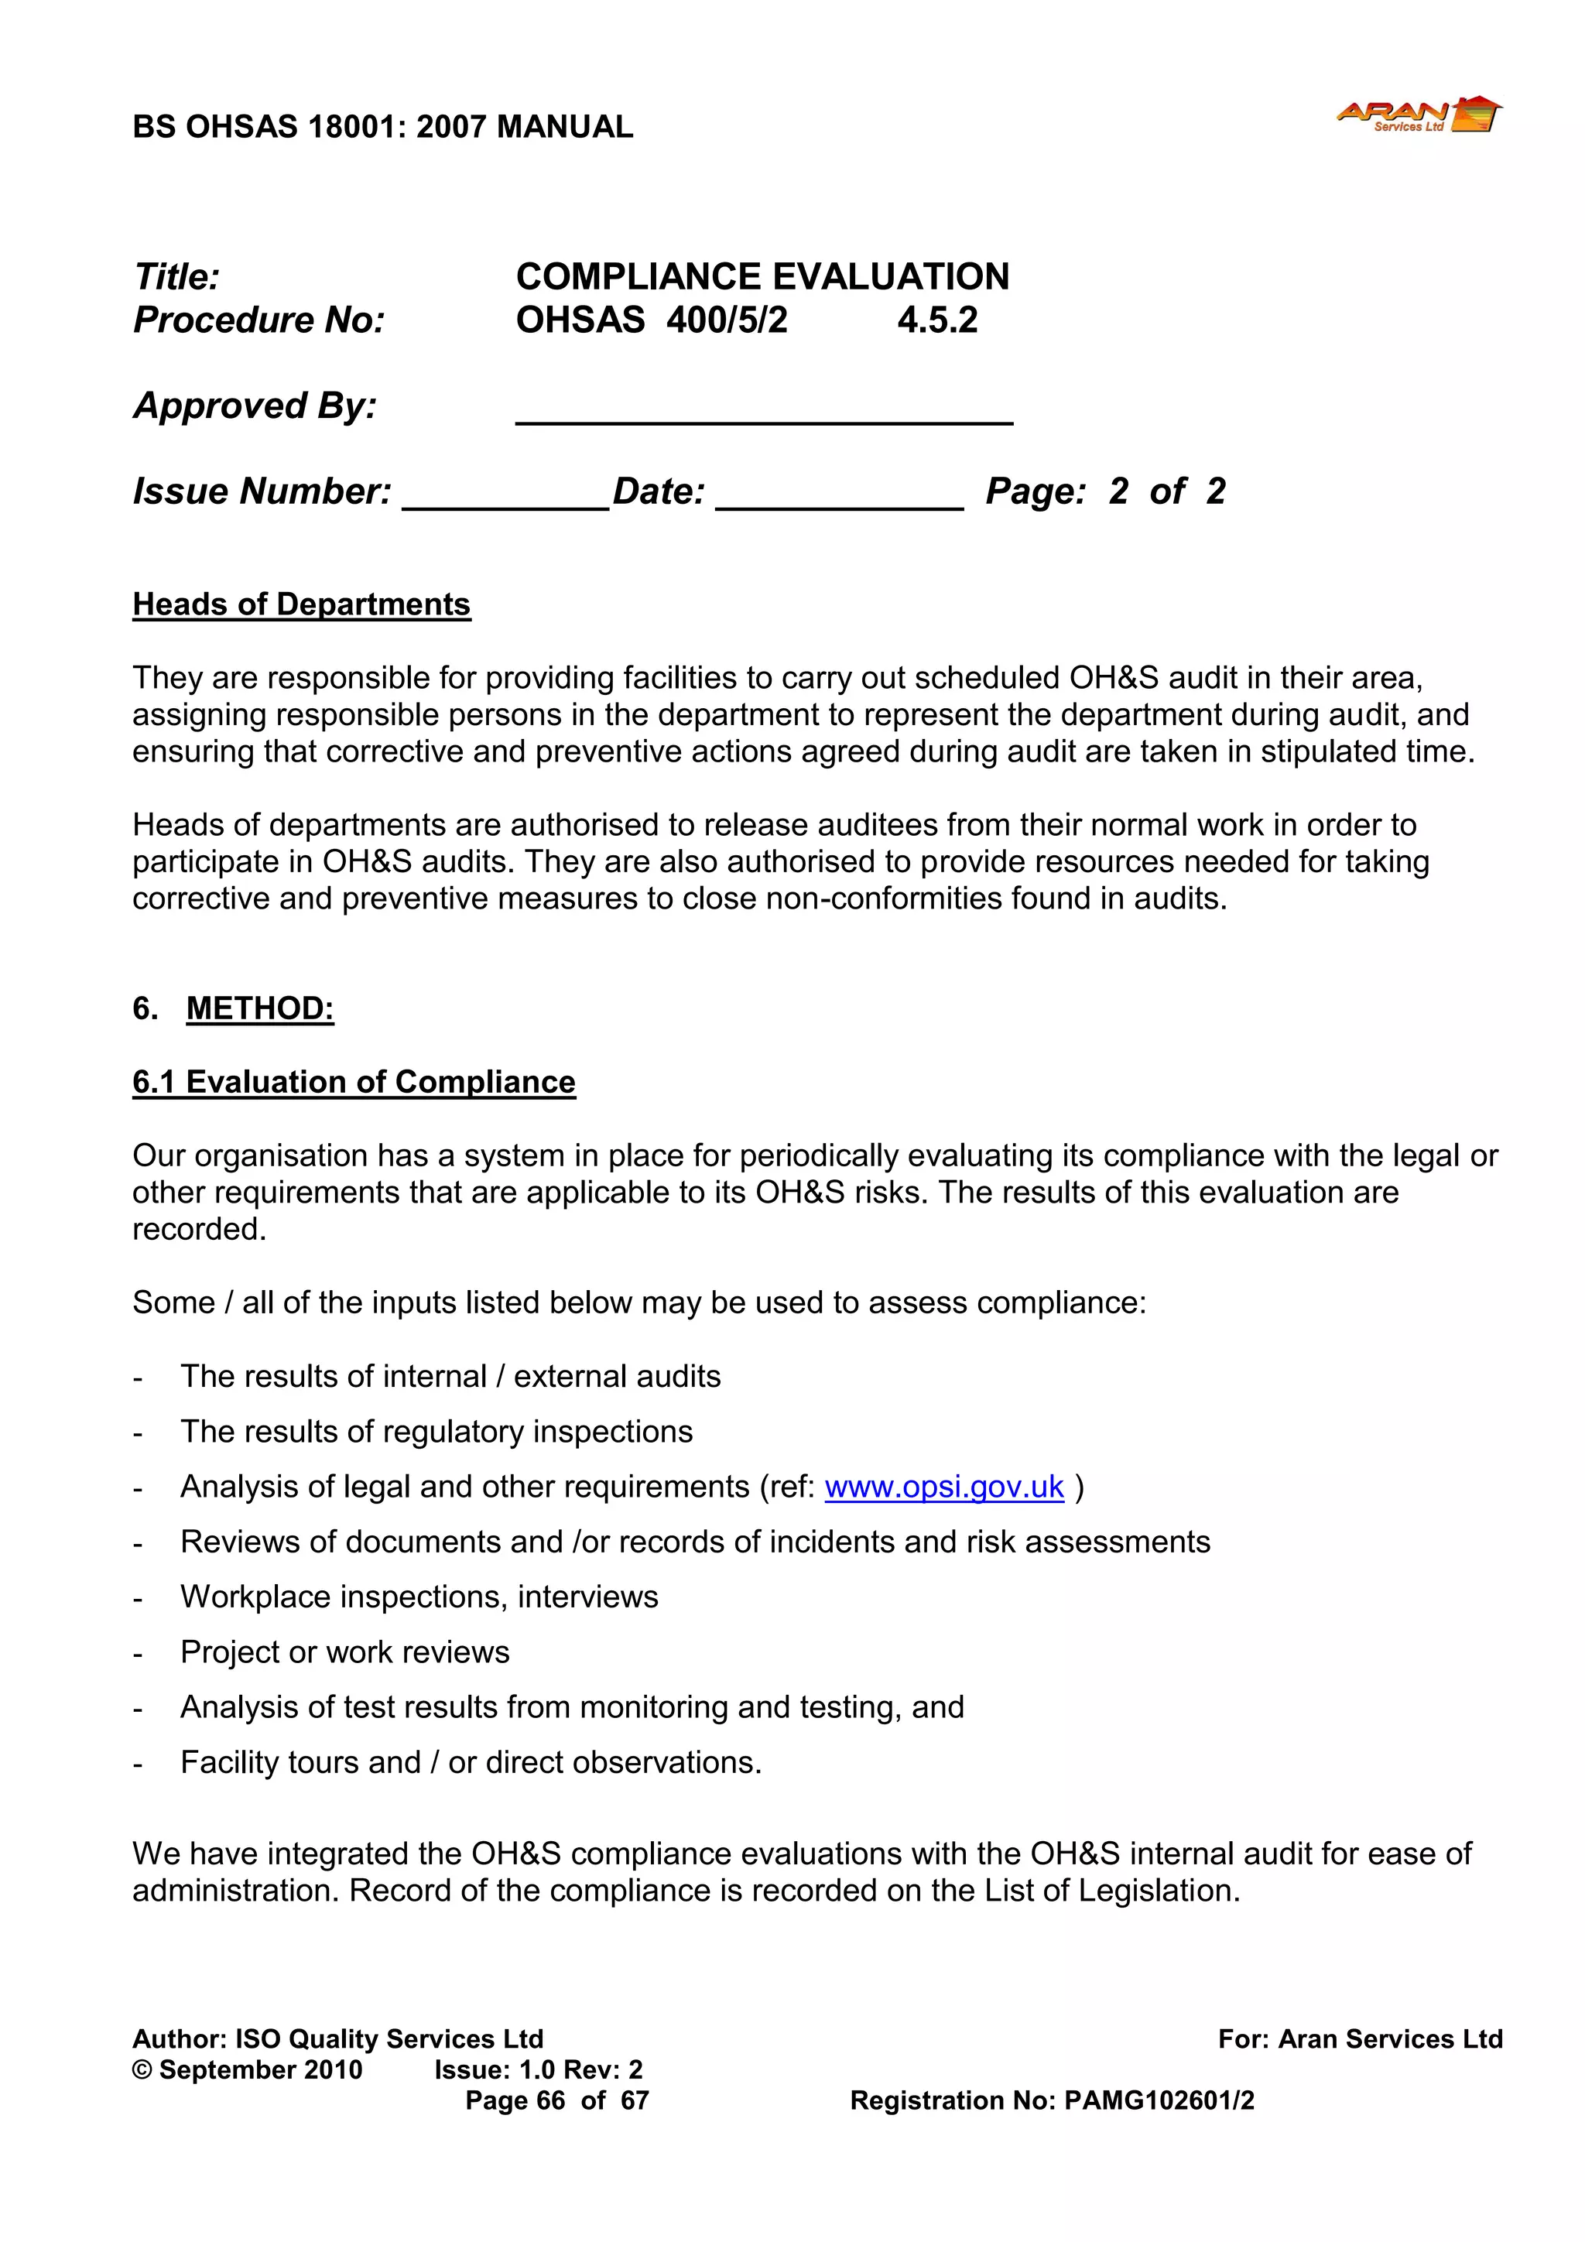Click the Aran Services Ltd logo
1418,115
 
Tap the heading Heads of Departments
301,604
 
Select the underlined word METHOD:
260,1008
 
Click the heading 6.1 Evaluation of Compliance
354,1082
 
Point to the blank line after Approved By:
764,415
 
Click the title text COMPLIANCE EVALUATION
762,277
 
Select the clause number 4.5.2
936,320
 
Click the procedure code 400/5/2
727,320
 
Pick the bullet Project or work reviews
344,1652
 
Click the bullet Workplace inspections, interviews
419,1597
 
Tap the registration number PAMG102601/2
1159,2100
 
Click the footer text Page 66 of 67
556,2100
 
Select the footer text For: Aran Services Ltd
1360,2039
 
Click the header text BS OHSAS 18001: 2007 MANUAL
383,127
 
